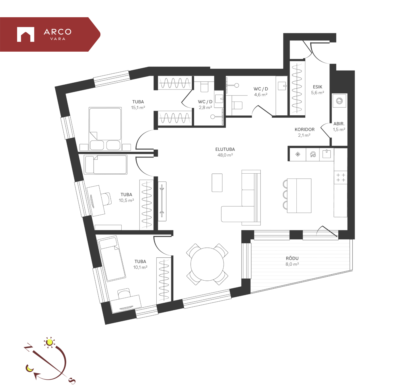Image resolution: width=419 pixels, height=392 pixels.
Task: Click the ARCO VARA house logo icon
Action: point(26,34)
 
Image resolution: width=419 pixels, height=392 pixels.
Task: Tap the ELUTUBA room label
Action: point(225,149)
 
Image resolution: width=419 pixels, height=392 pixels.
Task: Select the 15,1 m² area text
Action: point(138,108)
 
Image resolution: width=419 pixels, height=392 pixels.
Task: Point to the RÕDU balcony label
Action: point(292,258)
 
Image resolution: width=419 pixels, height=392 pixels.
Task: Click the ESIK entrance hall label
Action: point(317,87)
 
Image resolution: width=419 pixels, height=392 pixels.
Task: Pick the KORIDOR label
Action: point(304,129)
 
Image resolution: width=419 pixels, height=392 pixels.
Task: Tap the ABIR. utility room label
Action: point(339,124)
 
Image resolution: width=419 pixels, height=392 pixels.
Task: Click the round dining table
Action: point(207,264)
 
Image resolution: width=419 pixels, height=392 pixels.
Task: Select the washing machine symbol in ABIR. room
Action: point(339,101)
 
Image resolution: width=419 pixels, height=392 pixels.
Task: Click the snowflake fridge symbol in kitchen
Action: point(298,154)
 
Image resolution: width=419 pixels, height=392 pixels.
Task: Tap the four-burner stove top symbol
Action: point(341,177)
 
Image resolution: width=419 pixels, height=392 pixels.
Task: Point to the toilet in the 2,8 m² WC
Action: point(204,87)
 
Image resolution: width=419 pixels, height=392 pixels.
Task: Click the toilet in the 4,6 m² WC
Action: point(237,105)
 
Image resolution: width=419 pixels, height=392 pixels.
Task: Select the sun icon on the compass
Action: point(50,342)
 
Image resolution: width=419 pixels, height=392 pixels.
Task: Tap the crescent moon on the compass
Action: point(29,368)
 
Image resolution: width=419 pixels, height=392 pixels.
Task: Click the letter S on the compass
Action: point(72,381)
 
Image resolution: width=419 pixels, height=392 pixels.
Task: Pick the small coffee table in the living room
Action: point(217,183)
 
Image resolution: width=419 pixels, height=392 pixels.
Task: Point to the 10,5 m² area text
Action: point(126,200)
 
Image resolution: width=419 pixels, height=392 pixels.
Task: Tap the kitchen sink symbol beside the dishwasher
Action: point(327,154)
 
